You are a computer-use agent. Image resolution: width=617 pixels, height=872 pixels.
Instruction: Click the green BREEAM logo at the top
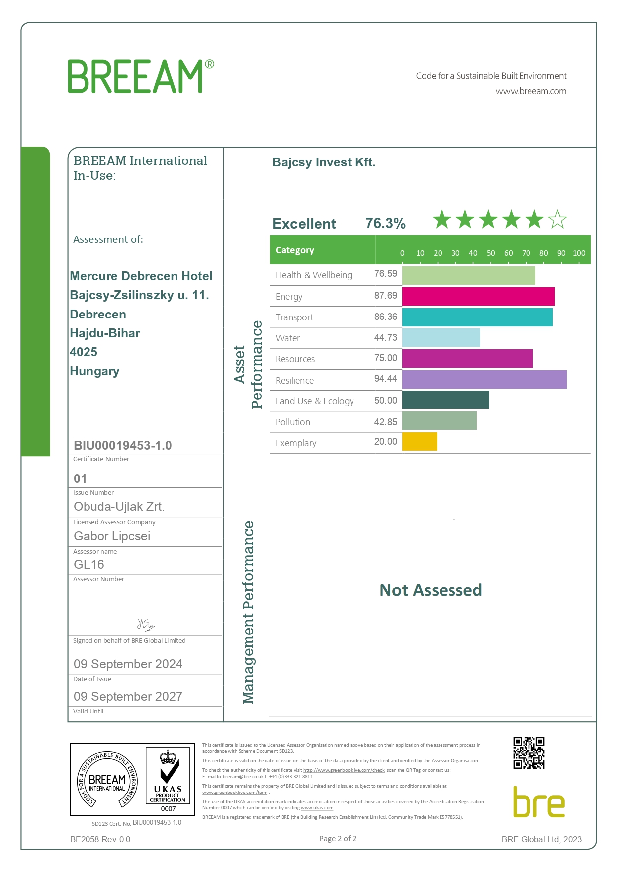[x=141, y=76]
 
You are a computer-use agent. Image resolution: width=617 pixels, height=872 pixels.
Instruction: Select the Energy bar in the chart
[x=478, y=296]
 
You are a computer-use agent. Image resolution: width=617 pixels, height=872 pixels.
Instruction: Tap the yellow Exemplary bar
[x=420, y=442]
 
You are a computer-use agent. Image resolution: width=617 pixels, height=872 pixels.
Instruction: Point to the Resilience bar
[x=484, y=380]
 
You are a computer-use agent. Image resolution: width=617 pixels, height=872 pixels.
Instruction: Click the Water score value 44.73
[x=386, y=338]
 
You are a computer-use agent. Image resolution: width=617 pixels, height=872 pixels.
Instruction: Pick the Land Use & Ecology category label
[x=315, y=401]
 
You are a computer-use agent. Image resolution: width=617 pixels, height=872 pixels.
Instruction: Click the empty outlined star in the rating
[x=557, y=219]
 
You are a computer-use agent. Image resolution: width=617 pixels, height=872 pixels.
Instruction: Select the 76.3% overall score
[x=385, y=223]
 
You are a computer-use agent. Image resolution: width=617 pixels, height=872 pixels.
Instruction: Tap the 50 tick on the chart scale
[x=491, y=253]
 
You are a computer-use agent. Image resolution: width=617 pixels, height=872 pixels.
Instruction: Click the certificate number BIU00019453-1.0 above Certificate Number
[x=123, y=445]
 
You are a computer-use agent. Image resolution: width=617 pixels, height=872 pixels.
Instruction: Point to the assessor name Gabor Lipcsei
[x=112, y=536]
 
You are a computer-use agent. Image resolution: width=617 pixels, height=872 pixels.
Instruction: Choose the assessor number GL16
[x=89, y=565]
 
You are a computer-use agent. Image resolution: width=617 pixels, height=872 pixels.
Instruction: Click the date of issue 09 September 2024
[x=128, y=664]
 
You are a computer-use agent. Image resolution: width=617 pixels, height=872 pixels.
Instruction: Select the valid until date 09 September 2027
[x=128, y=697]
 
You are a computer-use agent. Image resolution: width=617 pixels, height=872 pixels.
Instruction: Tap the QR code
[x=529, y=753]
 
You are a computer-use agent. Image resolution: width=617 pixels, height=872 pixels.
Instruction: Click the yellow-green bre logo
[x=539, y=802]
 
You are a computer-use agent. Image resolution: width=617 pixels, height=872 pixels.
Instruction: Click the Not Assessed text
[x=431, y=590]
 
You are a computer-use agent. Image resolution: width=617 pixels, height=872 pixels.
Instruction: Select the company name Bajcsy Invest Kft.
[x=324, y=162]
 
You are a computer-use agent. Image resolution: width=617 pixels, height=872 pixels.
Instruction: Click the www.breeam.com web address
[x=531, y=91]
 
